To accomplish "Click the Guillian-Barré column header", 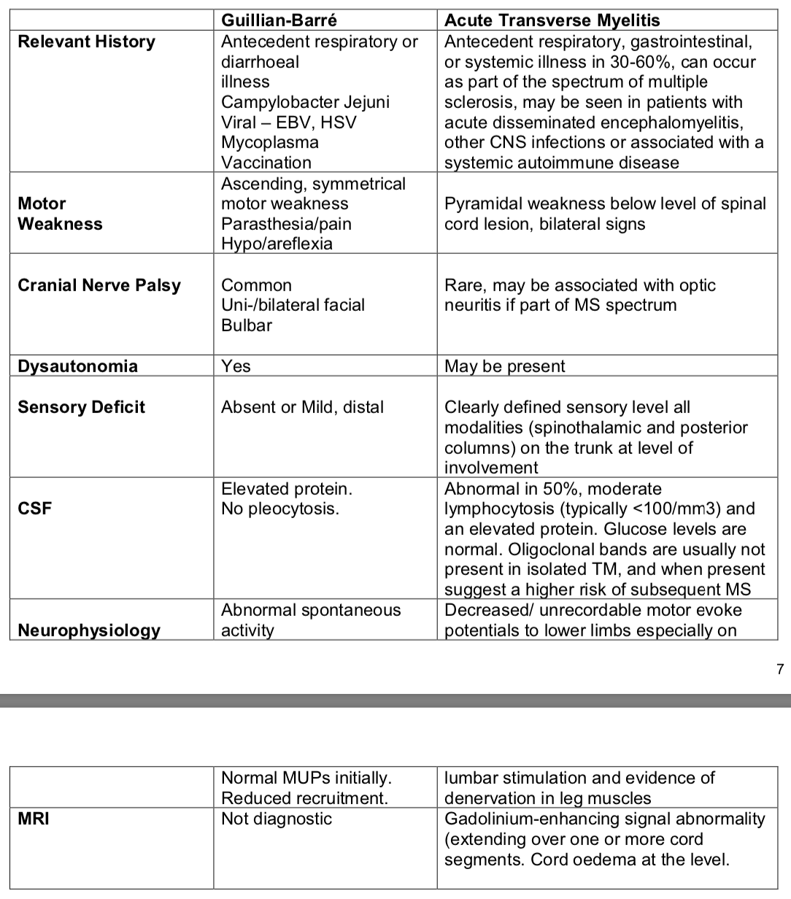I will click(279, 20).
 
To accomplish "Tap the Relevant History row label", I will click(86, 42).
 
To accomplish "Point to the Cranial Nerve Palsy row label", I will click(99, 285).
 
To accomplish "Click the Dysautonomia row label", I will click(77, 366).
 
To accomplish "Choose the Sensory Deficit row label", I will click(81, 407).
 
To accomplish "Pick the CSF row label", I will click(35, 509).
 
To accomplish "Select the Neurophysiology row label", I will click(89, 630).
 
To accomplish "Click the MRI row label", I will click(34, 819).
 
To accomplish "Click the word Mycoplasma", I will click(270, 142).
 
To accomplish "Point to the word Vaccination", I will click(266, 163).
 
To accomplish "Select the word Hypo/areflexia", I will click(277, 244).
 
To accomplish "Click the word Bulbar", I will click(247, 325).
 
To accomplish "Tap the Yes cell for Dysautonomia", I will click(236, 366).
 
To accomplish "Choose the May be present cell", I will click(504, 366).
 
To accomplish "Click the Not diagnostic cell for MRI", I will click(276, 819).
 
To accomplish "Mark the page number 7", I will click(780, 668).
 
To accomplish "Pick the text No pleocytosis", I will click(280, 509).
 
